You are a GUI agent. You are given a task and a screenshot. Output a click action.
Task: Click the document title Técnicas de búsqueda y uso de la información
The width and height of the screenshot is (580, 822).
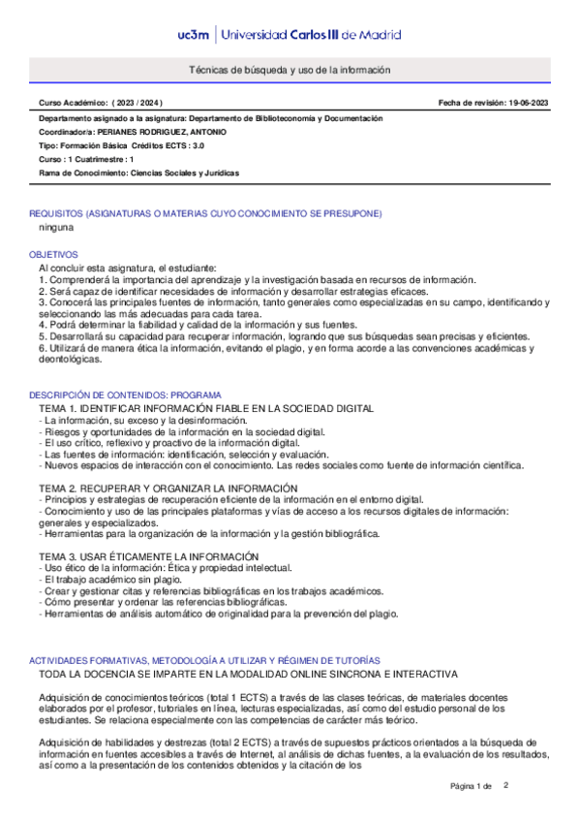point(290,71)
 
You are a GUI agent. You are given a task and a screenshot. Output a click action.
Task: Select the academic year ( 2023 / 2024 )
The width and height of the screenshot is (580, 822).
point(137,103)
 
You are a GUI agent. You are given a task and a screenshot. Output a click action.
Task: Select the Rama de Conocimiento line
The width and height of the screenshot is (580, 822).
point(138,173)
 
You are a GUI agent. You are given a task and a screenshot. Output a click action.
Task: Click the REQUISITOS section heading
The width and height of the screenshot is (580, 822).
point(205,213)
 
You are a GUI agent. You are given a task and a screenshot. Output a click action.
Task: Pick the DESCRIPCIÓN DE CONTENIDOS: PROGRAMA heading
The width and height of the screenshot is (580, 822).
point(139,395)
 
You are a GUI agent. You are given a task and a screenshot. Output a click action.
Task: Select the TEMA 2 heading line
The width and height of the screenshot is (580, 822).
point(168,488)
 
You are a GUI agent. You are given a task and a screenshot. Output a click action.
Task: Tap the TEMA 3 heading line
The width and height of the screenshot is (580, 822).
point(148,555)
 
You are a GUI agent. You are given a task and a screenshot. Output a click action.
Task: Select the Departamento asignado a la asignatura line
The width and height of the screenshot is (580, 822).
point(210,117)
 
